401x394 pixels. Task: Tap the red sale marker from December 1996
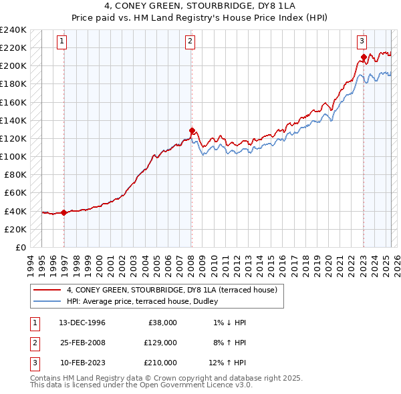click(x=64, y=213)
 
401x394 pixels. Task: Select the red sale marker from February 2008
click(x=192, y=130)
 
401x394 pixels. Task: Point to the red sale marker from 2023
click(x=364, y=57)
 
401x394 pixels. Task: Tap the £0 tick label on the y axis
click(x=20, y=247)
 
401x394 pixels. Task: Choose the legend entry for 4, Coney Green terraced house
click(x=176, y=290)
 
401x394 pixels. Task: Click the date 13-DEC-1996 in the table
click(x=82, y=323)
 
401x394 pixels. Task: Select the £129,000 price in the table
click(x=160, y=343)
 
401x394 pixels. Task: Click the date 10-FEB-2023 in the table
click(x=82, y=363)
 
